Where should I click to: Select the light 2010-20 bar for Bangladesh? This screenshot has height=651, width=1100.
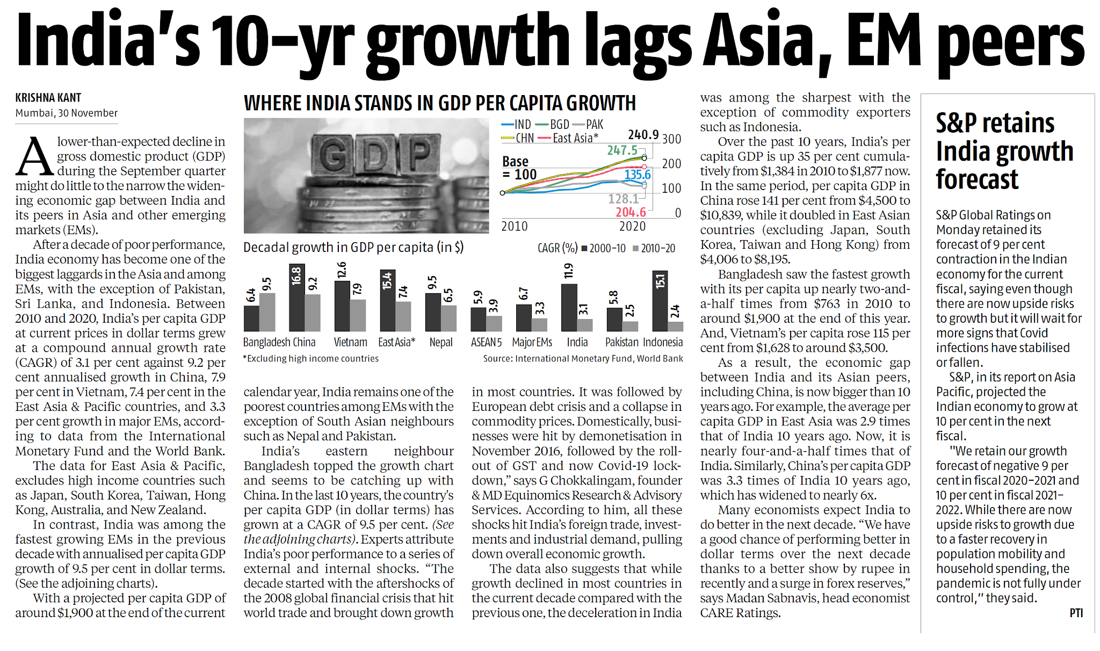267,312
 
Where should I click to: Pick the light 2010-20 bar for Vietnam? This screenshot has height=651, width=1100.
358,315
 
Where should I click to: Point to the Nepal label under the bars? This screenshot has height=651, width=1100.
441,342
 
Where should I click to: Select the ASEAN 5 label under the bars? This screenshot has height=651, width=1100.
486,342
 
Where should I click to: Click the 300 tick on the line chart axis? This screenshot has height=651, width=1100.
671,139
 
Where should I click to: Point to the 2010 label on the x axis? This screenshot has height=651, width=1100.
514,227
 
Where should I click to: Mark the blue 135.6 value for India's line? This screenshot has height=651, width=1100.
637,175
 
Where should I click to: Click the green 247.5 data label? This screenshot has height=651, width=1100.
622,150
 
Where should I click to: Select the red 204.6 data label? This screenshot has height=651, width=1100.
631,213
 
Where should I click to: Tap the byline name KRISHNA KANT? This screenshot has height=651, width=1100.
48,98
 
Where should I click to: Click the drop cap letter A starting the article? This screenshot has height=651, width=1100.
34,157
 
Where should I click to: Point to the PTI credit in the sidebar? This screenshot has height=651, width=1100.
1076,613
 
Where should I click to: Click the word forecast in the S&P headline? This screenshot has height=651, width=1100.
977,179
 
